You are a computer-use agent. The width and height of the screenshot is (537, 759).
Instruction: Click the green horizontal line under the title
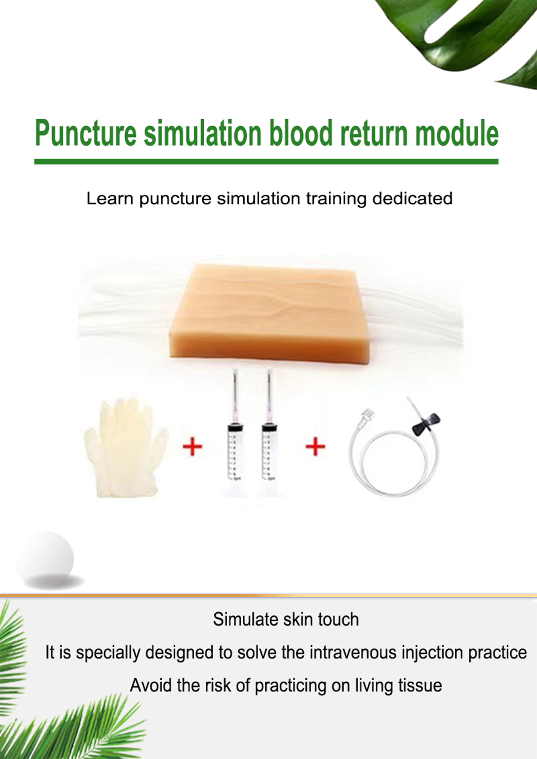(x=266, y=162)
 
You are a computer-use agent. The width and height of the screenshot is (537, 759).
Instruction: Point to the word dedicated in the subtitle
(x=412, y=198)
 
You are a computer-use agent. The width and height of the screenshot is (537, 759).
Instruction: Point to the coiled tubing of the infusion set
(x=394, y=463)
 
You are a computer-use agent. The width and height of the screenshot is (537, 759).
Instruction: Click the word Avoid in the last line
(x=151, y=685)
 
